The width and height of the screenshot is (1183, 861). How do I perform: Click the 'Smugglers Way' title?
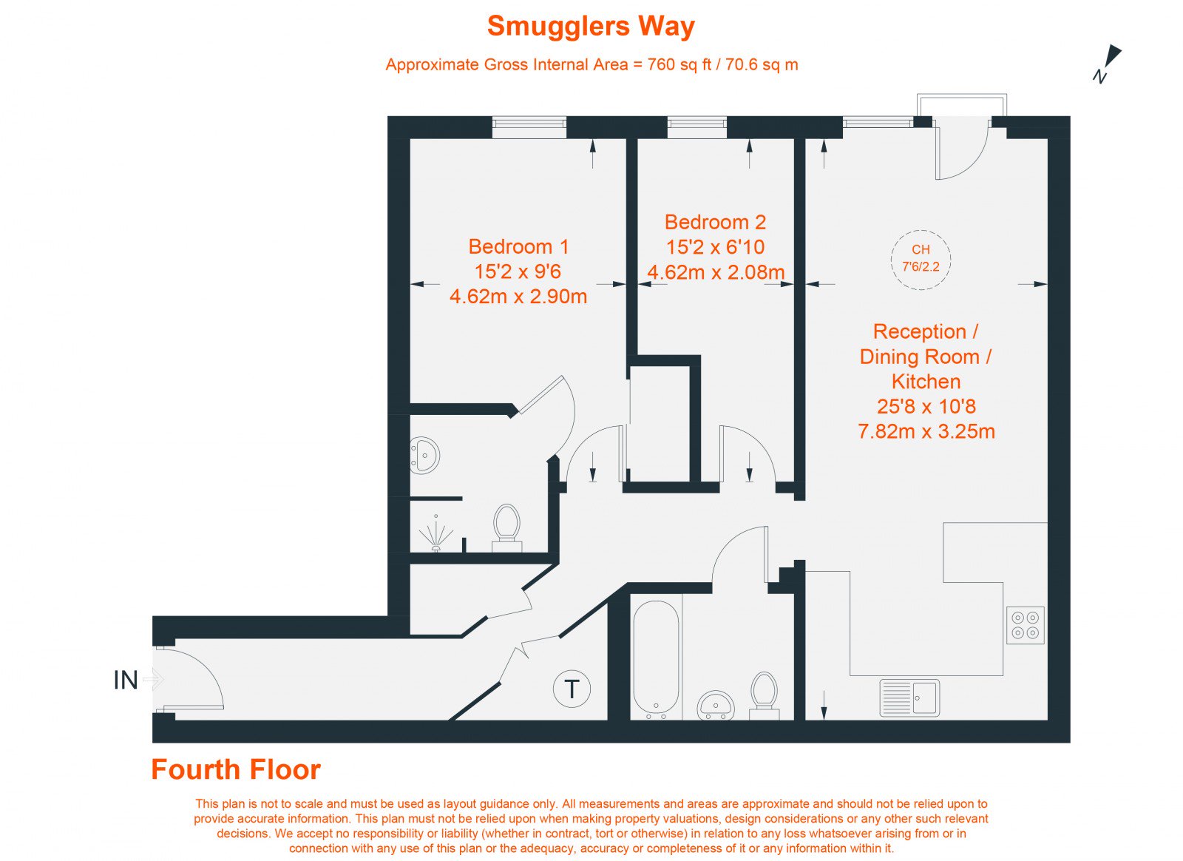591,27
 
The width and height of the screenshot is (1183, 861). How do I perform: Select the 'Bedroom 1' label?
518,246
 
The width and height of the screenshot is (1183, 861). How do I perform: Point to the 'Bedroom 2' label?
715,222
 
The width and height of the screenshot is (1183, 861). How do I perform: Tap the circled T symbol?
572,689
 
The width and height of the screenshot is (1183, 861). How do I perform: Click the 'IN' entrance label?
126,681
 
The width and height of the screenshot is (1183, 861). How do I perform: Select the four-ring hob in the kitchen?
1025,626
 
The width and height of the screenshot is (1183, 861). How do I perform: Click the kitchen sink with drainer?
909,698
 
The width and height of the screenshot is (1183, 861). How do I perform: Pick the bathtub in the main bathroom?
656,660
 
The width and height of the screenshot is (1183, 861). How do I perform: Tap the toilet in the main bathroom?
765,695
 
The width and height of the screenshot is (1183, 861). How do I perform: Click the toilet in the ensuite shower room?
507,528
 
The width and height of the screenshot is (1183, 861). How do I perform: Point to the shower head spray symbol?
436,533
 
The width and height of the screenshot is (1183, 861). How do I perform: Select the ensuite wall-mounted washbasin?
424,455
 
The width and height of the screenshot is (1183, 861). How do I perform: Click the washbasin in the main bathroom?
716,705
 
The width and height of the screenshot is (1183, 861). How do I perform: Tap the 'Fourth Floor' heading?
236,769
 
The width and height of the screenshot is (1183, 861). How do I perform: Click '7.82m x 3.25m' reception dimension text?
926,431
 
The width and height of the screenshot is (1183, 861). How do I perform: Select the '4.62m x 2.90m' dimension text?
518,297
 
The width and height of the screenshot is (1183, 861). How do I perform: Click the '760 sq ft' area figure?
679,65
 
